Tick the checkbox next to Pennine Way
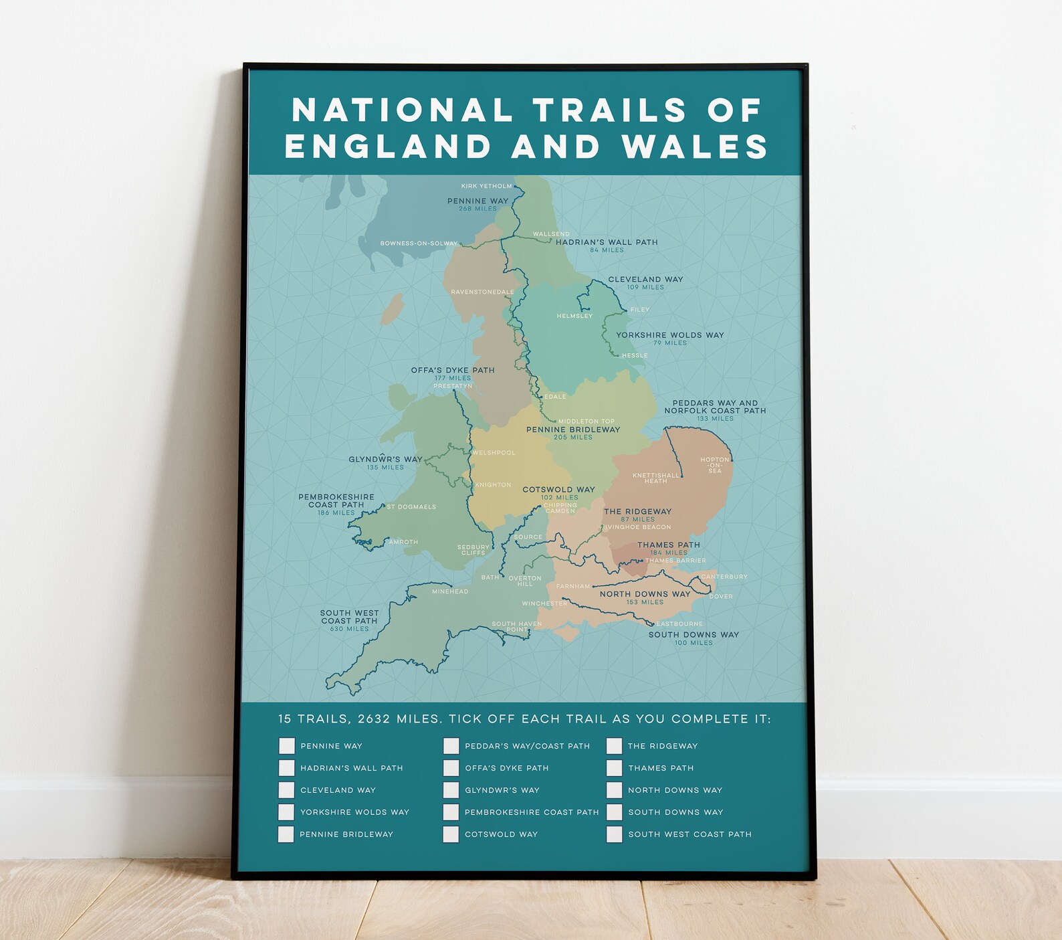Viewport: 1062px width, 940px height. click(x=287, y=746)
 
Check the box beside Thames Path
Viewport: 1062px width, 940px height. click(x=615, y=768)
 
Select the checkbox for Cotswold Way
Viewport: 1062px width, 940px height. click(x=451, y=834)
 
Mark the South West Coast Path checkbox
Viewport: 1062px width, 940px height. click(x=615, y=834)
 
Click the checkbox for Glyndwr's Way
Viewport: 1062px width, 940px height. click(x=451, y=790)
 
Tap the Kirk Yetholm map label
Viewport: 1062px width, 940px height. click(x=486, y=186)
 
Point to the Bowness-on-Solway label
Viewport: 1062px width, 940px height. click(x=419, y=244)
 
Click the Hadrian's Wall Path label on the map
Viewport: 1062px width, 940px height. click(x=607, y=242)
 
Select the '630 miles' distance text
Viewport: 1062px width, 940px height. click(x=349, y=629)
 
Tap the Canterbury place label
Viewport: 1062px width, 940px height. click(x=724, y=577)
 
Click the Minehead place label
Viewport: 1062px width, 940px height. click(x=450, y=591)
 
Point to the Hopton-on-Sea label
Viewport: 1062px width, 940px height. click(x=715, y=465)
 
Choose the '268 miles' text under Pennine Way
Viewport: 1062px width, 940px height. click(x=477, y=209)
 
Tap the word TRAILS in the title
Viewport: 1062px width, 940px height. click(x=610, y=110)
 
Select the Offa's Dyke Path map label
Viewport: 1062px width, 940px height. click(x=453, y=370)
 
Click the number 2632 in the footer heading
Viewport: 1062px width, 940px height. click(x=374, y=719)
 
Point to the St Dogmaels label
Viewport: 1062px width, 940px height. click(x=411, y=507)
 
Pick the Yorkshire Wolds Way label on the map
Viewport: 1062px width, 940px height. click(x=670, y=335)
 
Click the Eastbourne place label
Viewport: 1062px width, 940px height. click(x=679, y=624)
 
